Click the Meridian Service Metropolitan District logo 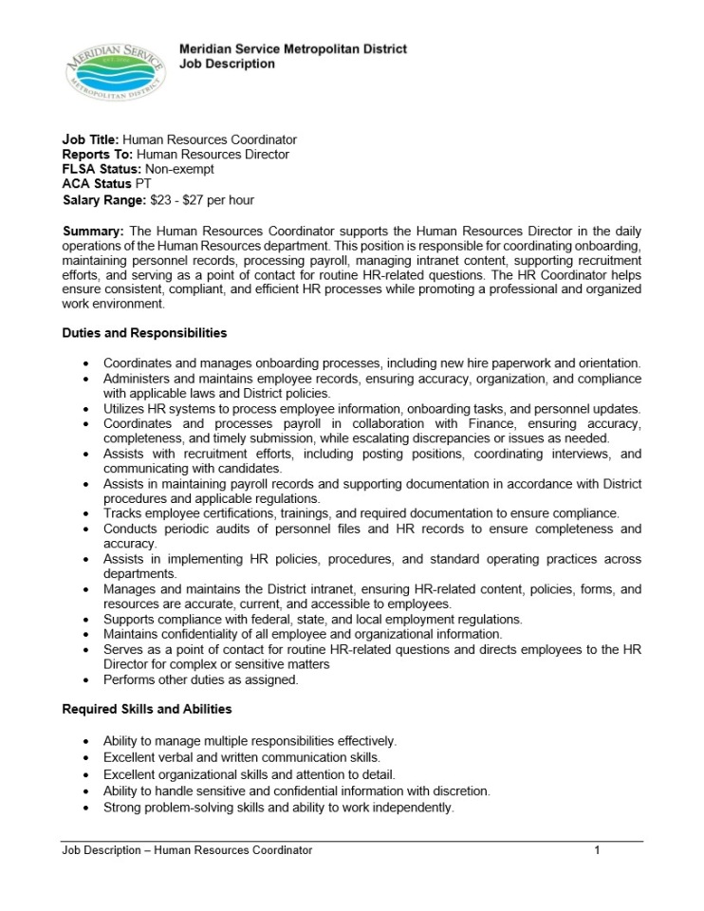[115, 71]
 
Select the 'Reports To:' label [99, 154]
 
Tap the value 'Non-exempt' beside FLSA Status [179, 168]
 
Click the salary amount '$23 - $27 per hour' [202, 200]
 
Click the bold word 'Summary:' [93, 232]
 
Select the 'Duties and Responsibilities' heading [144, 333]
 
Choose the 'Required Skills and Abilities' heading [147, 709]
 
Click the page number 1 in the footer [597, 850]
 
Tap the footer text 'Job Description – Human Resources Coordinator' [187, 850]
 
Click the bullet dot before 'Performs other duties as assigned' [87, 680]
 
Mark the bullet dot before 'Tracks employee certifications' [87, 514]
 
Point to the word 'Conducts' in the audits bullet [130, 529]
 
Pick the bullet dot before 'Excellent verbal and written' [87, 757]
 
